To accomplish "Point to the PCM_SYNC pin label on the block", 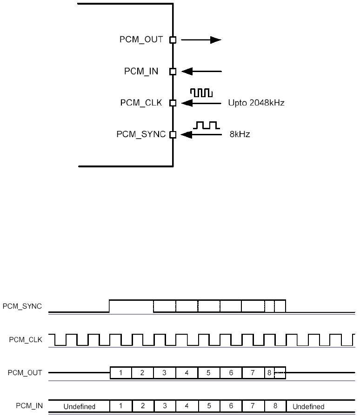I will coord(141,135).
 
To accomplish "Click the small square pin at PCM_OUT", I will coord(173,40).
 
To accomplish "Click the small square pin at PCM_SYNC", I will coord(173,135).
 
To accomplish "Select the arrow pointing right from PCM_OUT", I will coord(200,40).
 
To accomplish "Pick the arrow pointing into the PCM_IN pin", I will coord(201,72).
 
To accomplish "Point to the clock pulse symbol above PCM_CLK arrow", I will coord(201,93).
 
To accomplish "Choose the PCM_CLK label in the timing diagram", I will coord(26,340).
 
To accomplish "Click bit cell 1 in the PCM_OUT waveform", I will coord(121,373).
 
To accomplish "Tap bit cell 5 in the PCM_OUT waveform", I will coord(209,373).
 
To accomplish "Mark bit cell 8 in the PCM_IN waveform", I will coord(275,406).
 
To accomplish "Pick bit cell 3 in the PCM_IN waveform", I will coord(165,406).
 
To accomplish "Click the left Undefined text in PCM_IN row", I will coord(80,406).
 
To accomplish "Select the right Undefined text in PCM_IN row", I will coord(308,406).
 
